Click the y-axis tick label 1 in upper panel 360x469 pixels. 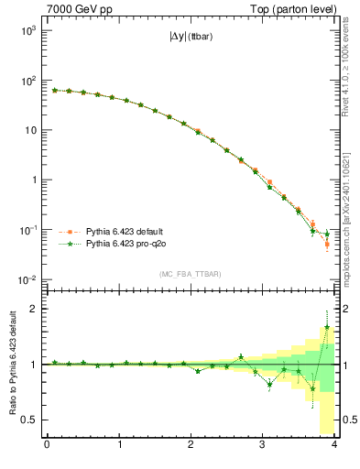(x=33, y=180)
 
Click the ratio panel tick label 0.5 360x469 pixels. (x=29, y=420)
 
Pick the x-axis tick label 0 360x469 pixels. (x=47, y=446)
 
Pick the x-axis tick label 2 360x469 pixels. (x=191, y=446)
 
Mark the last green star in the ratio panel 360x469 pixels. (x=327, y=326)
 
